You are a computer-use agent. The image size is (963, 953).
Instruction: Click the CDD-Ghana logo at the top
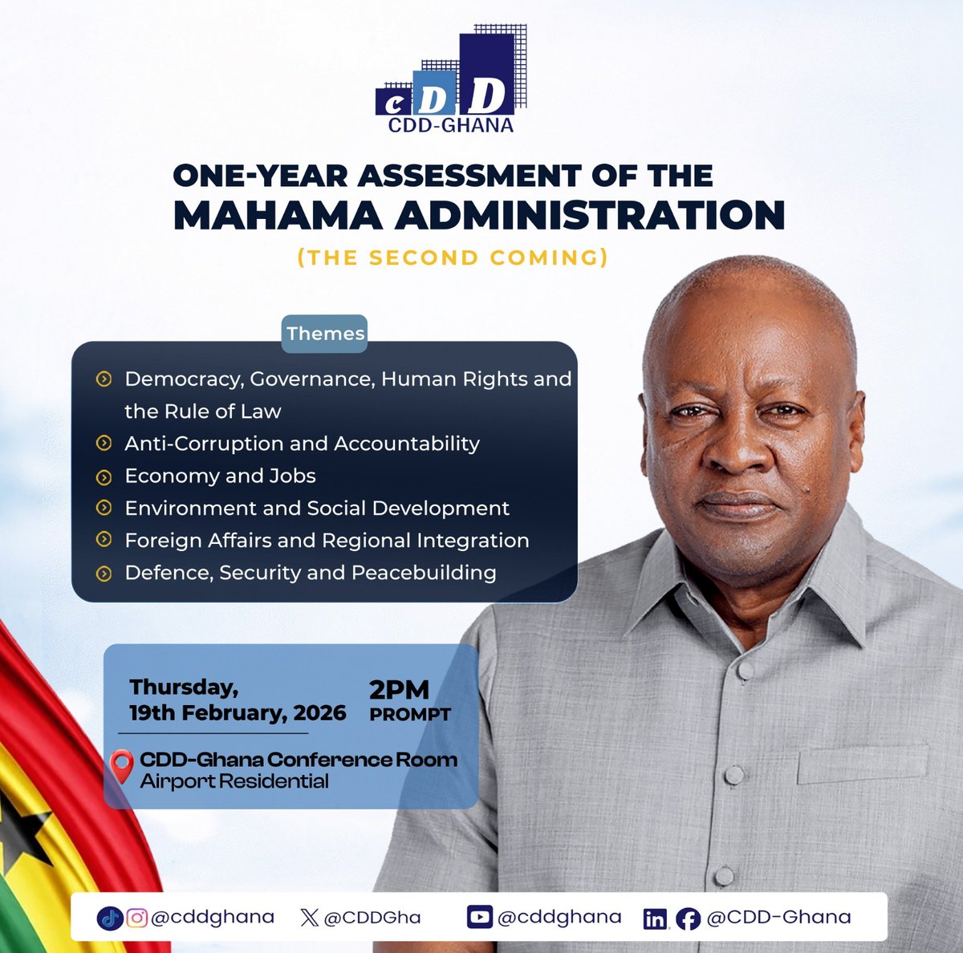point(450,80)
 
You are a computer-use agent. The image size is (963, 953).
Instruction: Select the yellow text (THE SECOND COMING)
point(453,258)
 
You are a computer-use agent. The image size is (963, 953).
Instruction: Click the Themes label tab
point(325,334)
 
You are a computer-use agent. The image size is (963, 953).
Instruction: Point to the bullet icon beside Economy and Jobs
point(104,476)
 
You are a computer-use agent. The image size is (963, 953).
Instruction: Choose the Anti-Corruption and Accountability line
point(302,444)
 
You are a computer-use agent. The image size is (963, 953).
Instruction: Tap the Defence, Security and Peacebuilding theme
point(310,573)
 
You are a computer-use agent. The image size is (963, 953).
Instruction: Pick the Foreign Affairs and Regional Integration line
point(327,541)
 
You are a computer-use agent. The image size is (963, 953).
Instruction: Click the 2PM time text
point(399,690)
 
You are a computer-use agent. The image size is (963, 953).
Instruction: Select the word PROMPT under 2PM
point(410,714)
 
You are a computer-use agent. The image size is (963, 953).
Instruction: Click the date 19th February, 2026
point(238,713)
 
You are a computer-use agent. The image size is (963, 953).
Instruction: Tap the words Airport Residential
point(234,781)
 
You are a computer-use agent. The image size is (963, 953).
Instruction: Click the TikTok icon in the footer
point(108,918)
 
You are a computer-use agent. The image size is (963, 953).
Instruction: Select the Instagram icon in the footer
point(136,918)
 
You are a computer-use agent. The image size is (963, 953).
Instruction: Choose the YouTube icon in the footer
point(479,917)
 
